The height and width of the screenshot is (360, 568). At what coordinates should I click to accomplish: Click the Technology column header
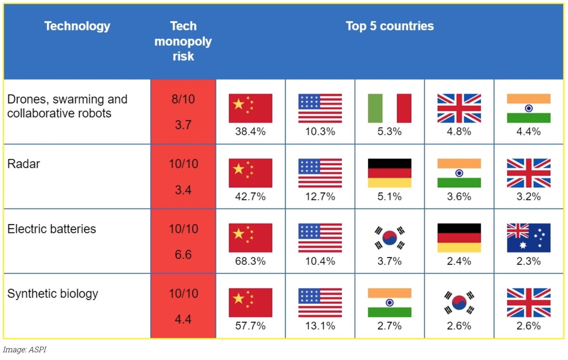77,26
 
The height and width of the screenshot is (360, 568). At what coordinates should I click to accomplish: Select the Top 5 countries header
389,26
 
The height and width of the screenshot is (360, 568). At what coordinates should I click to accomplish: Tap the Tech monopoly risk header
183,41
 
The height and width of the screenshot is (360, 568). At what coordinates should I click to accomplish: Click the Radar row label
24,164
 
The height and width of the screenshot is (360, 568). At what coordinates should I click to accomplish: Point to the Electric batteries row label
51,229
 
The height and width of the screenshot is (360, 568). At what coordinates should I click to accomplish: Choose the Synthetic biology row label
52,294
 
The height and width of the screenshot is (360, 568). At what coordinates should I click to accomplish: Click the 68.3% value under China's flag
251,261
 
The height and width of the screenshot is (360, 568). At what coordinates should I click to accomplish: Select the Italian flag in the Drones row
389,108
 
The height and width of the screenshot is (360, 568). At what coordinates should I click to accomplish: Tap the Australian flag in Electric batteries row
529,238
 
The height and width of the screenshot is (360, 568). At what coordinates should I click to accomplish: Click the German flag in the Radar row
389,173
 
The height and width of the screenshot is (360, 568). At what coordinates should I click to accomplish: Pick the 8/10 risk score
183,99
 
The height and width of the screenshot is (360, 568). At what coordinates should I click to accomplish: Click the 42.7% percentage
251,196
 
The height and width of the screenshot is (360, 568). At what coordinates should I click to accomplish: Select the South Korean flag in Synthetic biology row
459,303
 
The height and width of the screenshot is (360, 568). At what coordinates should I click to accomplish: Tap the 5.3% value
389,131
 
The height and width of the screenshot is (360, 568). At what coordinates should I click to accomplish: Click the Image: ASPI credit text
22,349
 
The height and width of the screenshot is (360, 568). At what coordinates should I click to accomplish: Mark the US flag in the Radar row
320,173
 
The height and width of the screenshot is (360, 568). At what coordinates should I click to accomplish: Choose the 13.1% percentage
320,326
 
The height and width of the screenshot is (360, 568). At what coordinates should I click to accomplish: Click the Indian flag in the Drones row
529,108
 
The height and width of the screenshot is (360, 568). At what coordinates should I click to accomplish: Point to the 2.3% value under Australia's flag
529,261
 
